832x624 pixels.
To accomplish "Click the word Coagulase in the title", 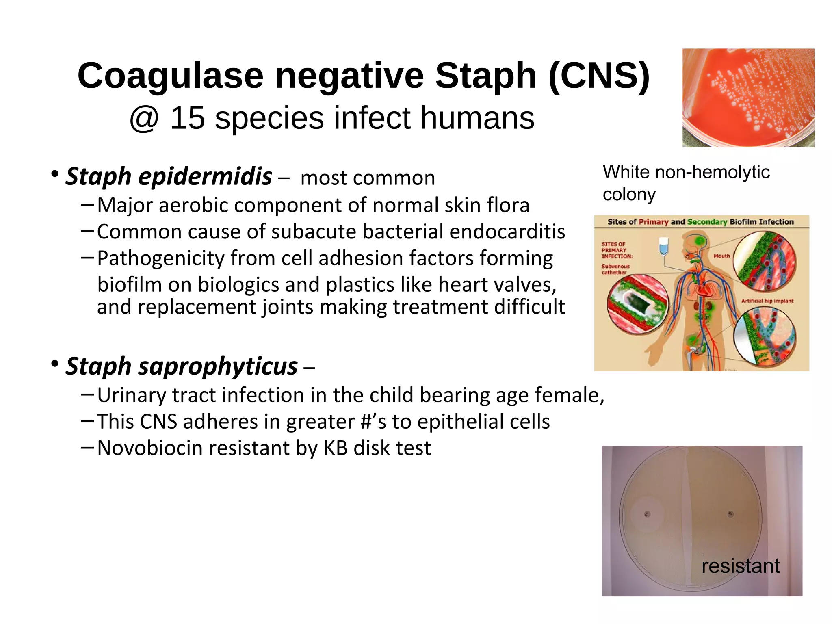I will point(170,76).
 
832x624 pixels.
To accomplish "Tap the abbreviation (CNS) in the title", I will point(599,76).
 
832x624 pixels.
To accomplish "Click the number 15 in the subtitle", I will point(187,118).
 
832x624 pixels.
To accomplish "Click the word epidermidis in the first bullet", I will point(205,177).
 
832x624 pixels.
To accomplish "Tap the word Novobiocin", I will point(150,448).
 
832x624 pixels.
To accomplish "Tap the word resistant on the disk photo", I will point(740,566).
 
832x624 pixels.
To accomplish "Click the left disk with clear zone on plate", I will point(647,514).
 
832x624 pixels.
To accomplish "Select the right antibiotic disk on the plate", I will point(730,514).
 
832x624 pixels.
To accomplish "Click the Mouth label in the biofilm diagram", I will point(721,256).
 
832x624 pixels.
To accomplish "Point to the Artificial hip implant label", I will point(767,301).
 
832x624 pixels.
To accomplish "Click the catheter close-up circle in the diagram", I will point(637,304).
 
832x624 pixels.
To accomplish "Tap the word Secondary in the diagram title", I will point(707,222).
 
